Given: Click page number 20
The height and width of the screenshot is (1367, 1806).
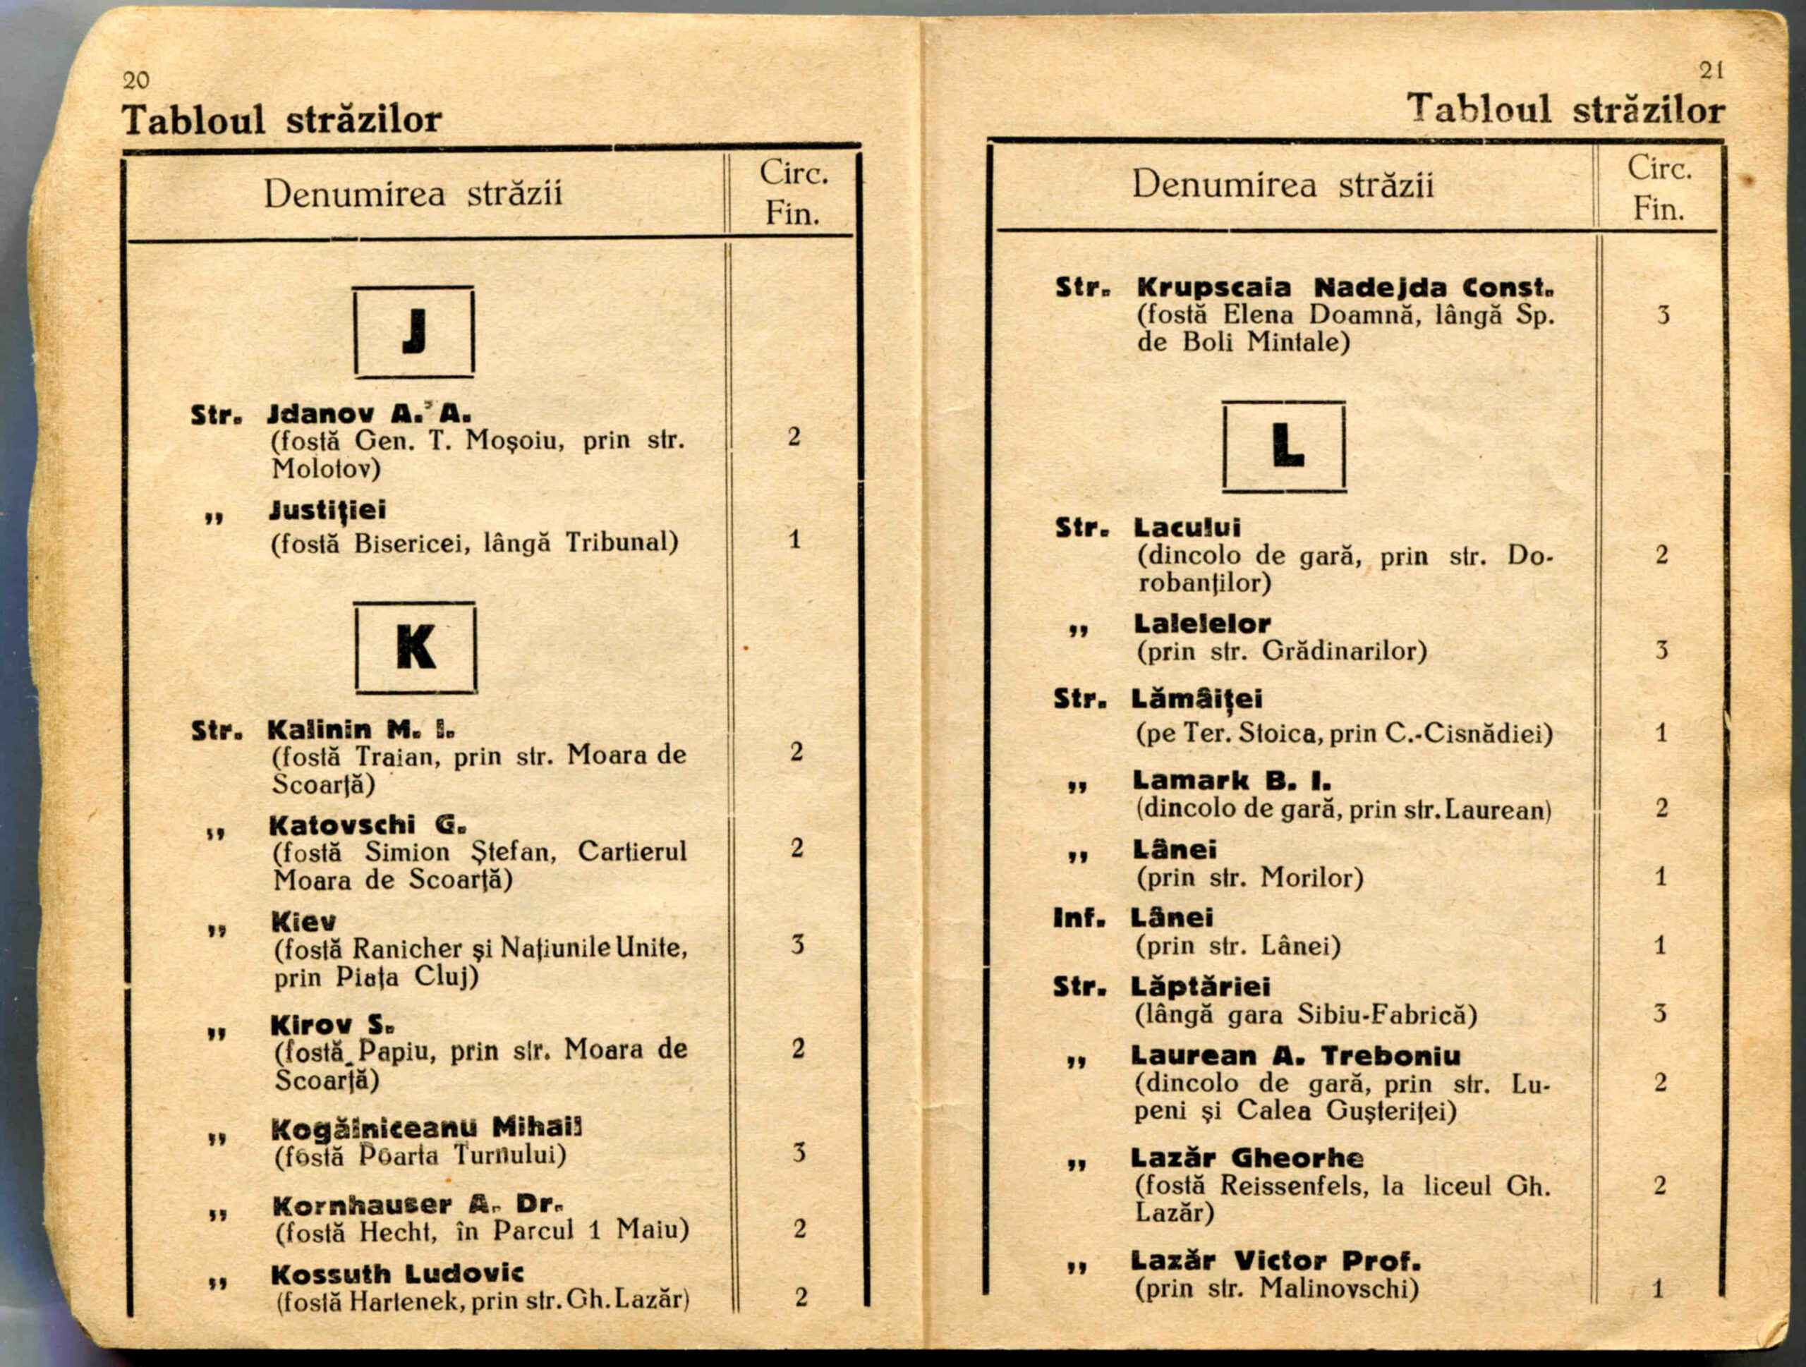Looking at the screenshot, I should (x=136, y=80).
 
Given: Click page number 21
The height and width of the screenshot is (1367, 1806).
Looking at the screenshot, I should (x=1711, y=71).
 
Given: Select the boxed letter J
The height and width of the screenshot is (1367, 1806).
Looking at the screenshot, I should (x=415, y=332).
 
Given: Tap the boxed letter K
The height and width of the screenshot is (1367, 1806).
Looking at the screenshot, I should (x=416, y=648).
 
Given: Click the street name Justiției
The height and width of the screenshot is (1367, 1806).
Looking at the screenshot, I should (x=327, y=511).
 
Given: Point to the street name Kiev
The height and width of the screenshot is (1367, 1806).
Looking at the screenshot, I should (x=304, y=922).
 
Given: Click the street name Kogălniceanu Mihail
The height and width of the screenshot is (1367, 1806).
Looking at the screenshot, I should (x=427, y=1128).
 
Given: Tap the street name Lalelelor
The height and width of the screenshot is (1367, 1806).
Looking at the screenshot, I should (x=1202, y=624).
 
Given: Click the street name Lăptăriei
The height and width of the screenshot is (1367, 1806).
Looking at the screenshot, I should (x=1201, y=987).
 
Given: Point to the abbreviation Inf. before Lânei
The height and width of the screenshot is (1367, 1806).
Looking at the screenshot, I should (x=1079, y=918).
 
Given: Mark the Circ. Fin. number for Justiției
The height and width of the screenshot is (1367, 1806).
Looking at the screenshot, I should (x=794, y=540).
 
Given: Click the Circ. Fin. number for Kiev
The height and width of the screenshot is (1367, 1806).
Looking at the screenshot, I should (x=797, y=945).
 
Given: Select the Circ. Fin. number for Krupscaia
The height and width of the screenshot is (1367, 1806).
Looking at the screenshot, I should (x=1663, y=315).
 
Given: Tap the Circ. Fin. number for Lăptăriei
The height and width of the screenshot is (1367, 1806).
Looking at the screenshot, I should (x=1660, y=1014).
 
